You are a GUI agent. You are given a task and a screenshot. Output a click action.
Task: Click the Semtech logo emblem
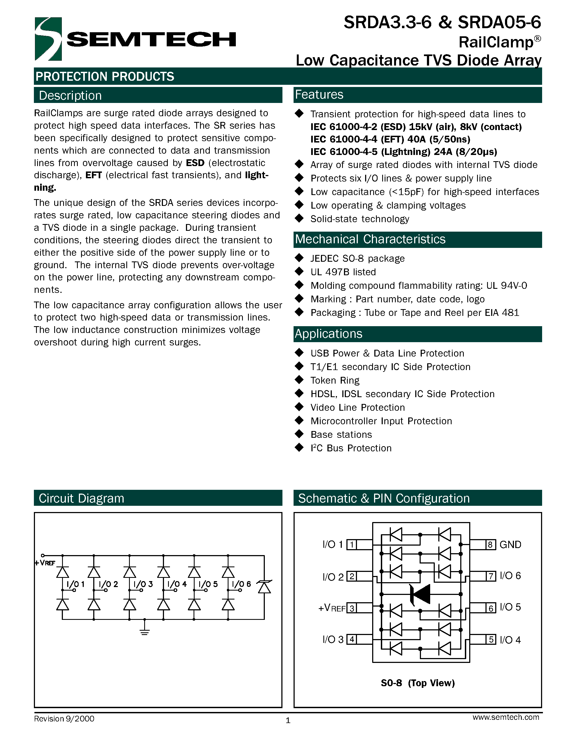[x=48, y=39]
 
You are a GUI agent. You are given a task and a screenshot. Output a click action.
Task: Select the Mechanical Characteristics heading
[x=370, y=239]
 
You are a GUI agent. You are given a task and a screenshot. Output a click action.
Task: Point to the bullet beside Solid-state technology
[x=299, y=218]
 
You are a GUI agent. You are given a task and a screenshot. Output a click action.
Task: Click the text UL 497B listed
[x=343, y=272]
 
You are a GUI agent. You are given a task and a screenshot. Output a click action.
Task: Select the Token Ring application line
[x=335, y=380]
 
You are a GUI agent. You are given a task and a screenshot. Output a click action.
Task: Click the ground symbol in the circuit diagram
[x=145, y=632]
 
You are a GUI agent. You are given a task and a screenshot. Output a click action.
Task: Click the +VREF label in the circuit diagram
[x=45, y=563]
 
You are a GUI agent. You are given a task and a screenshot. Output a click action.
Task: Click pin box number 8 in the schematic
[x=490, y=545]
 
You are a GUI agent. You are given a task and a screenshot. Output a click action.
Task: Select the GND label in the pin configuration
[x=510, y=545]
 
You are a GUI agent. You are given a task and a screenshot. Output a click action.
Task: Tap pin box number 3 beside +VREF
[x=352, y=608]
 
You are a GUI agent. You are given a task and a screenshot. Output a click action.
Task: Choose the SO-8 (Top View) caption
[x=418, y=683]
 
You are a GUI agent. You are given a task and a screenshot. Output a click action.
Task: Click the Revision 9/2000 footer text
[x=64, y=719]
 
